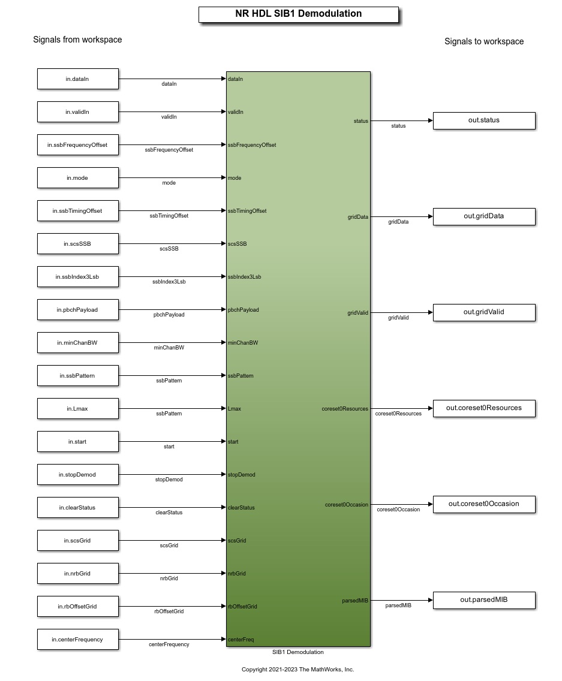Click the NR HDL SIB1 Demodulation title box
(299, 14)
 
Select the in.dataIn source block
(78, 79)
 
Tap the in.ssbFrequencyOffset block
(78, 145)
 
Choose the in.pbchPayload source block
(78, 310)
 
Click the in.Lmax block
(78, 409)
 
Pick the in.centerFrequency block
(78, 639)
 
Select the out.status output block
(484, 120)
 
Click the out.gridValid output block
(484, 312)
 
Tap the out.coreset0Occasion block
(484, 504)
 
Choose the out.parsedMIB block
(484, 600)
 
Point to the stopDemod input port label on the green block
(242, 475)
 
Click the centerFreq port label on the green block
(241, 639)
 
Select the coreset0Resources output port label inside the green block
(345, 409)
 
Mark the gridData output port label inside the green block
(357, 217)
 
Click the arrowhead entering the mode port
(224, 177)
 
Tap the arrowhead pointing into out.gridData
(431, 216)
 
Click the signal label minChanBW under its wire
(169, 348)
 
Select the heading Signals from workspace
(77, 40)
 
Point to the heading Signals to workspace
(484, 41)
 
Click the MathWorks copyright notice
(297, 669)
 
